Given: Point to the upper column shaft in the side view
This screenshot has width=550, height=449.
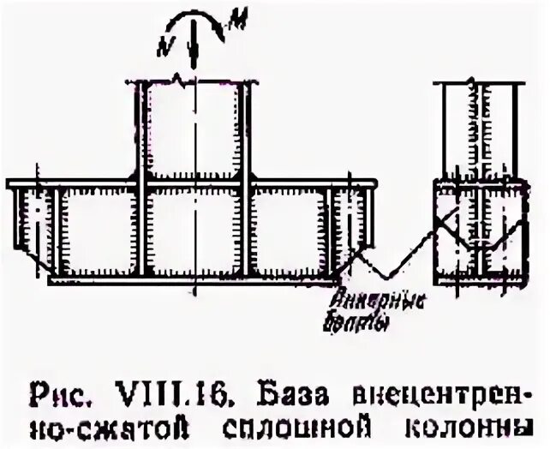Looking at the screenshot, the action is (475, 129).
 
